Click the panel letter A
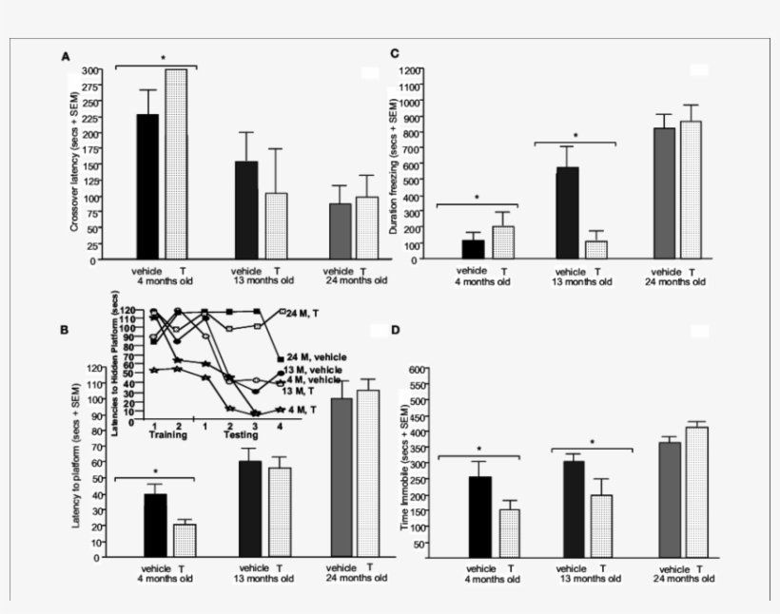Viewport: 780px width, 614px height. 66,57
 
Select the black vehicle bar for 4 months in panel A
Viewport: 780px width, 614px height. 148,186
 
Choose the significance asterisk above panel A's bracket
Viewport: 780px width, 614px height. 164,58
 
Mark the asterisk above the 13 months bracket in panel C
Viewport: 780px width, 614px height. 575,136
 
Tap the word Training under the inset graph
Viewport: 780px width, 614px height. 167,434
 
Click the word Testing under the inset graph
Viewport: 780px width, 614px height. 241,434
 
